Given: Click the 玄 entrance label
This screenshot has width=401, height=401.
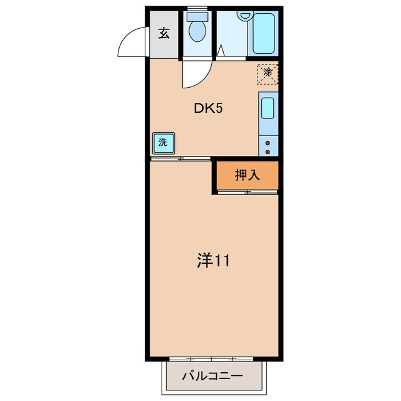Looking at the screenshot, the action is point(164,33).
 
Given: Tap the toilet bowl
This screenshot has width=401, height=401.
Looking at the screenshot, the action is point(197,31).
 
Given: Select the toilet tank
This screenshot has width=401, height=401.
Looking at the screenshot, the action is point(197,17).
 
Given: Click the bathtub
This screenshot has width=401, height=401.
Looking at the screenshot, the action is point(264,33).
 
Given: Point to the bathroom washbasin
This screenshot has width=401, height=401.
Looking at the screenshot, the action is point(245,15).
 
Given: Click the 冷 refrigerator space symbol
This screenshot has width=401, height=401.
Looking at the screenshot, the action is point(268,74).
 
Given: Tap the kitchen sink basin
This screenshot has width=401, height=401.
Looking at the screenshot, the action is point(268,108).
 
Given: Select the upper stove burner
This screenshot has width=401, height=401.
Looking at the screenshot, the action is point(268,143).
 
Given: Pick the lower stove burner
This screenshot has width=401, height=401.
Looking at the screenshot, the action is point(268,152).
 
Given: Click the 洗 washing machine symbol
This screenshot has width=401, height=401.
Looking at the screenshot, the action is point(164,143).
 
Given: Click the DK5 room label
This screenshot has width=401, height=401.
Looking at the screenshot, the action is point(208,108).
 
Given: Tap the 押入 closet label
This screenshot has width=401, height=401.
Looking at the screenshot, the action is point(247,175).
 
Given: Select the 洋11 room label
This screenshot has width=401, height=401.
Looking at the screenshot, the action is point(214,261).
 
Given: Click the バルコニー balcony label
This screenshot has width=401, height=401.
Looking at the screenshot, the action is point(212,376).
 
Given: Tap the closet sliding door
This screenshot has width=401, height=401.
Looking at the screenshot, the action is point(247,192).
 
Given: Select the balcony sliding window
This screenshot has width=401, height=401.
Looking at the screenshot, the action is point(211,359).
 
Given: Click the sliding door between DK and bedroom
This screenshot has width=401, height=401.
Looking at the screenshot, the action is point(180,159).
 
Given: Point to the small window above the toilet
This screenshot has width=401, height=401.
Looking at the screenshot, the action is point(197,8).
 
